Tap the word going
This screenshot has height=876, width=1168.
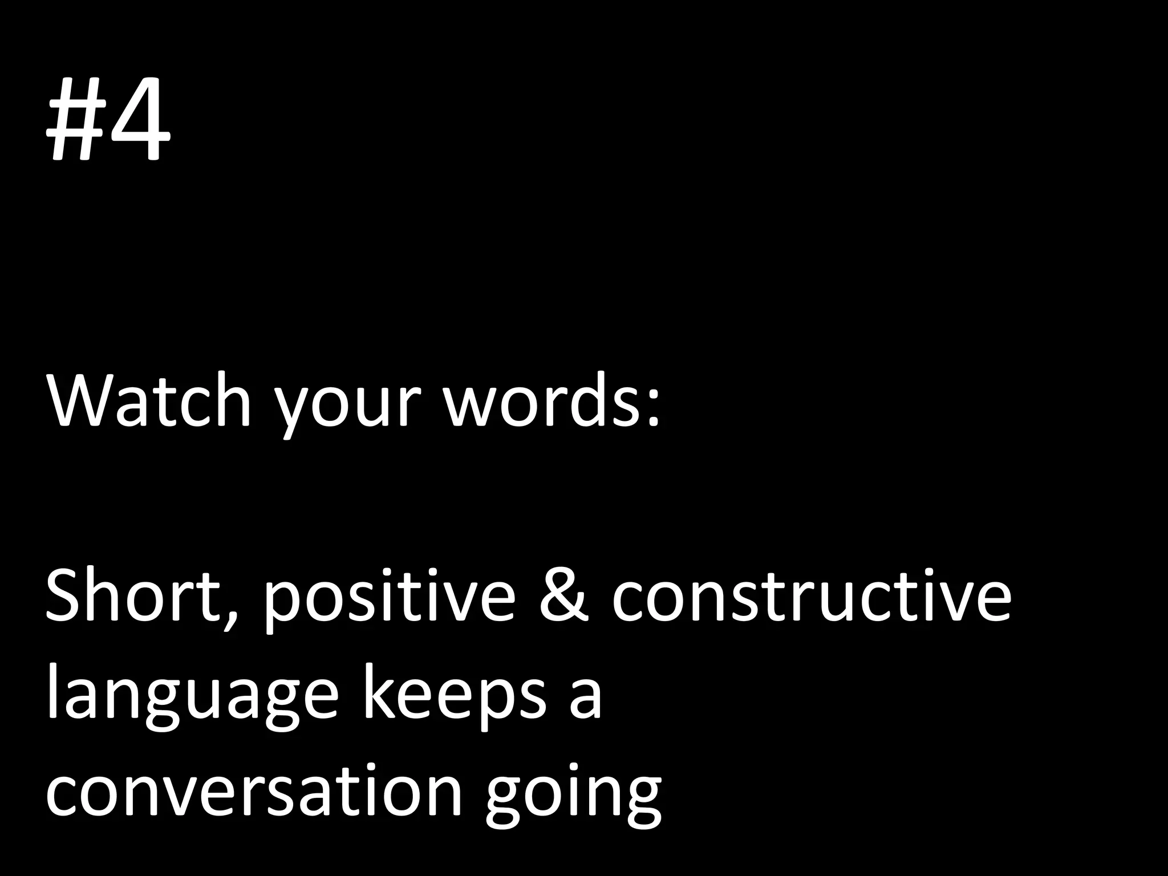click(x=574, y=798)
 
